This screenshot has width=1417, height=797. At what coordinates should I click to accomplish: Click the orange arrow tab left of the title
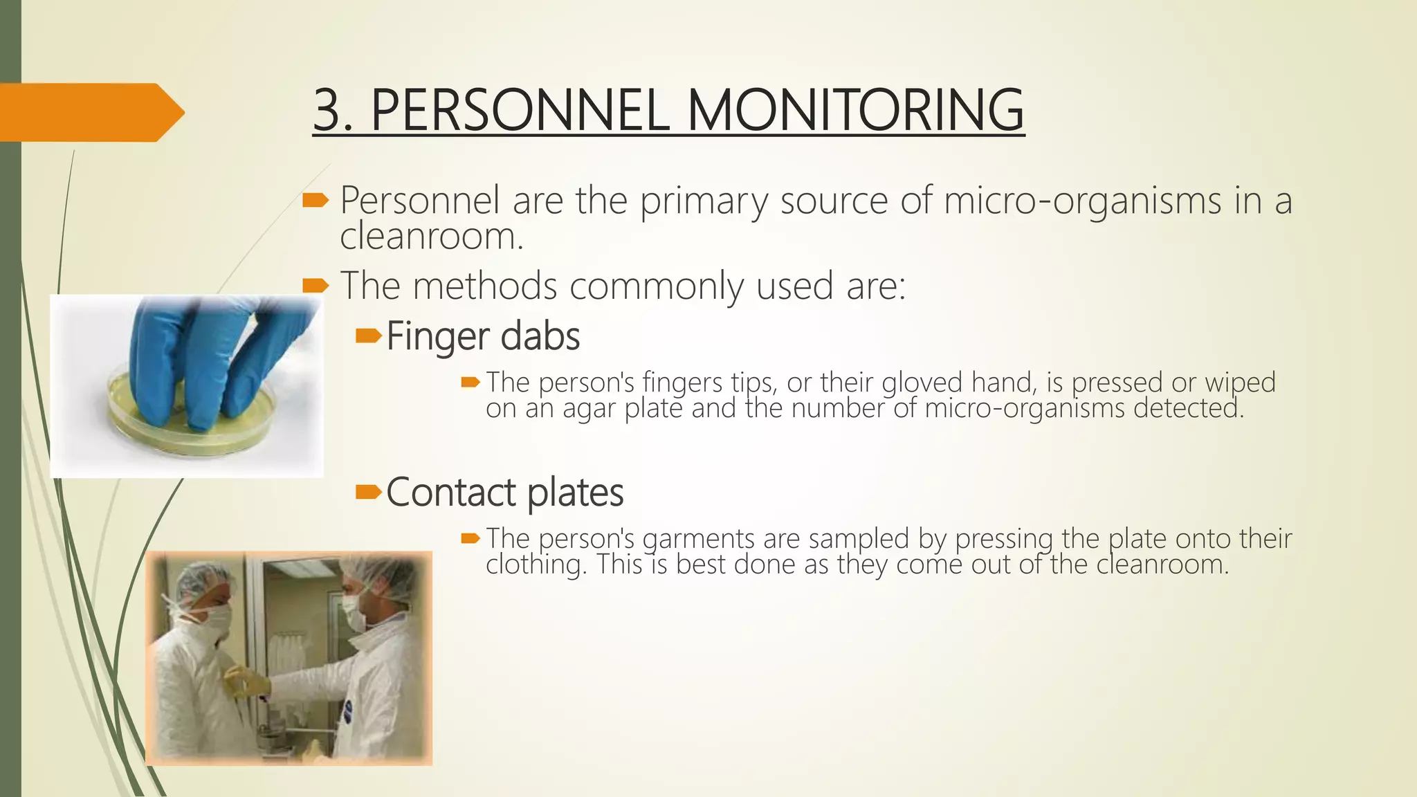pos(90,112)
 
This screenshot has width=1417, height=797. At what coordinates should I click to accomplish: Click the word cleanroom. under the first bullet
pos(431,237)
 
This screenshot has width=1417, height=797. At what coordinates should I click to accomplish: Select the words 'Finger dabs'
pos(483,337)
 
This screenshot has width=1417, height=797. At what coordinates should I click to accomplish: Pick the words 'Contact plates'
pos(504,493)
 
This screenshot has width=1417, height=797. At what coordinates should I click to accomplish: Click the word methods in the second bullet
pos(484,286)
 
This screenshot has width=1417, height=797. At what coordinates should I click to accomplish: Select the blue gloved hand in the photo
pos(208,353)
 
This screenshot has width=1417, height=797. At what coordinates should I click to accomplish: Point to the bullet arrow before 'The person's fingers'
pos(470,382)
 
